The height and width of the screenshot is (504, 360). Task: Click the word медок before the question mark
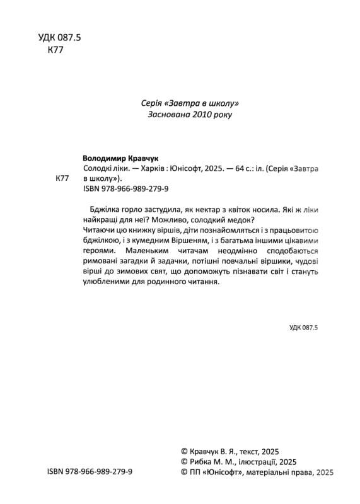point(237,220)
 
